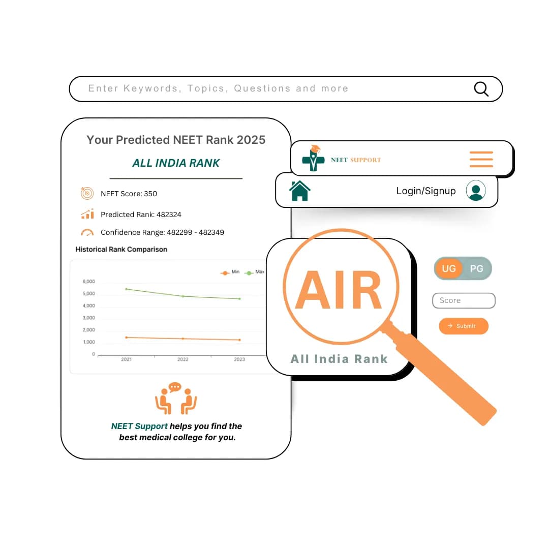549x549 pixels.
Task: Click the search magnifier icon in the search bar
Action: click(x=481, y=89)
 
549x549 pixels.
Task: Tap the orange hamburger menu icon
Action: click(x=481, y=159)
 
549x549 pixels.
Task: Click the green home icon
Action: click(x=300, y=191)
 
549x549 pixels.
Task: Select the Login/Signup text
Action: click(x=426, y=191)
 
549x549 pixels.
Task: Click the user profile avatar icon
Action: click(x=476, y=191)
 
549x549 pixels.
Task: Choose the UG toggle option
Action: click(x=449, y=268)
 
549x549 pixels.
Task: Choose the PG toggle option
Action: click(x=476, y=268)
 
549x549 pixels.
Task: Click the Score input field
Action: click(x=464, y=300)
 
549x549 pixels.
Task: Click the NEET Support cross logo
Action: click(x=313, y=158)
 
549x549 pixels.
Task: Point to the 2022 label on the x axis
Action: click(x=183, y=359)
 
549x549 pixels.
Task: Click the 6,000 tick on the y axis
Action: click(x=88, y=282)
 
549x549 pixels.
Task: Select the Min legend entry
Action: click(x=230, y=272)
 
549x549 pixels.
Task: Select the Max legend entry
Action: click(x=254, y=272)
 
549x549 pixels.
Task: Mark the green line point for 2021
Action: click(x=127, y=289)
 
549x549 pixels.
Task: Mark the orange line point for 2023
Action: click(x=239, y=340)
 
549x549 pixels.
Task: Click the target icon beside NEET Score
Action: click(x=87, y=193)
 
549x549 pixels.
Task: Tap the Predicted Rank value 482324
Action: click(x=169, y=215)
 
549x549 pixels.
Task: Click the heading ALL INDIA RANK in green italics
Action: click(x=176, y=163)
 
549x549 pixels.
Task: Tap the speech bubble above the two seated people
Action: click(x=175, y=387)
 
